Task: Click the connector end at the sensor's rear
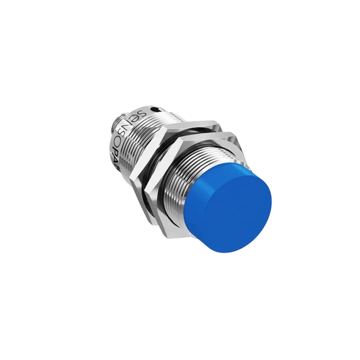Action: point(111,125)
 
